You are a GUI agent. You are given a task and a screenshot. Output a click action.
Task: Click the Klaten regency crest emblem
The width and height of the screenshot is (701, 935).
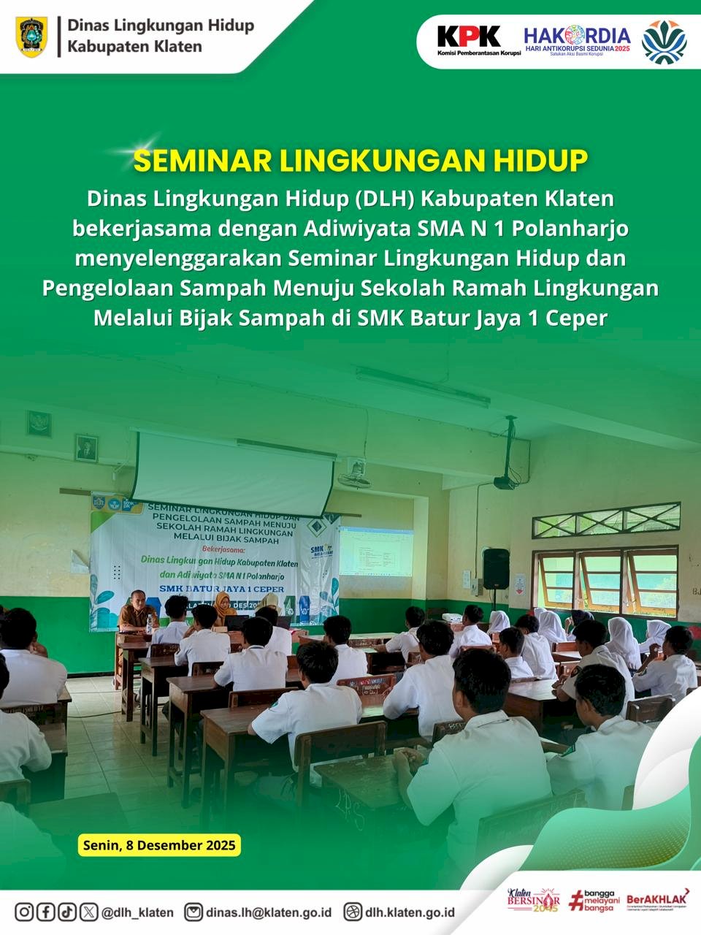31,37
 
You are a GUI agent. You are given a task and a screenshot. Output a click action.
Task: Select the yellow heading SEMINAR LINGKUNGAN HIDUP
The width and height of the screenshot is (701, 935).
360,161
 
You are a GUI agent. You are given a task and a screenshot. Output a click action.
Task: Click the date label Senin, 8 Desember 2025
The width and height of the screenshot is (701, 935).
159,845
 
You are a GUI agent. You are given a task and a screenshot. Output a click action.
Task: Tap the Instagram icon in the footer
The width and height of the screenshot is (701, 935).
24,912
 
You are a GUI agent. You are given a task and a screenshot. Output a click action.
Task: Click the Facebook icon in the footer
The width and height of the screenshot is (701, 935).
45,912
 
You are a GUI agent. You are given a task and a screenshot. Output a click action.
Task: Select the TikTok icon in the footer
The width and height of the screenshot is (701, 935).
66,912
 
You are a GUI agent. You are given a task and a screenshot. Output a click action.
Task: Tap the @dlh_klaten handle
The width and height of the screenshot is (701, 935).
137,912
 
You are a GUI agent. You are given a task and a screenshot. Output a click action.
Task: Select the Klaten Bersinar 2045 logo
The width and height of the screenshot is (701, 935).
533,900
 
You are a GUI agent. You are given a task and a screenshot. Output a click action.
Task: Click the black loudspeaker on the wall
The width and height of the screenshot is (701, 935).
496,568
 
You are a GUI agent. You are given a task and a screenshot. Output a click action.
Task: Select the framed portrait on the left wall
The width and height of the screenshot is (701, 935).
86,448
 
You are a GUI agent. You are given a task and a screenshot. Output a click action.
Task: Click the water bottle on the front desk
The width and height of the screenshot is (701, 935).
150,625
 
